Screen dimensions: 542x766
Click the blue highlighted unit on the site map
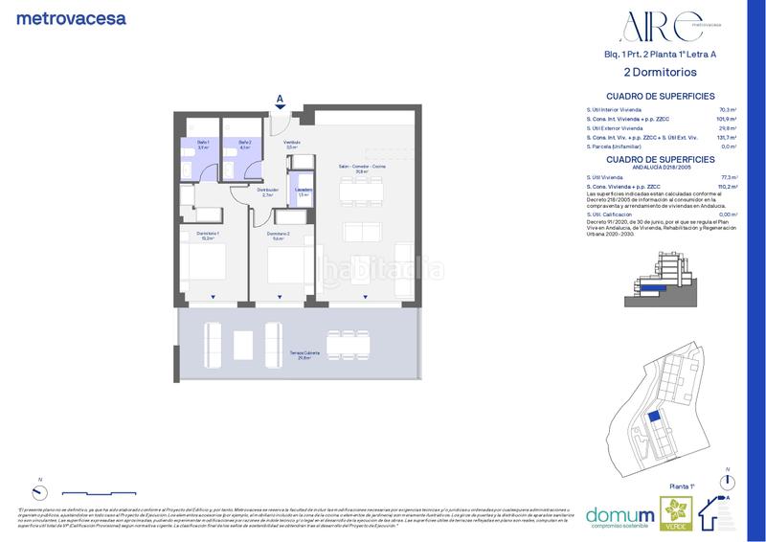point(654,418)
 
